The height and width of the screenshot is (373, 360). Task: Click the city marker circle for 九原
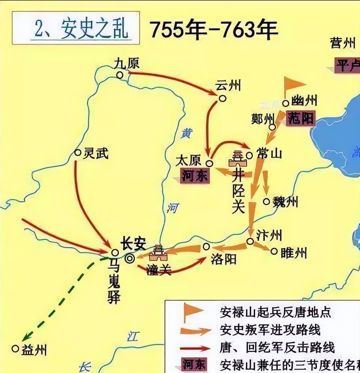120,75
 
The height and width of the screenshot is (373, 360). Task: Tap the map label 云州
228,86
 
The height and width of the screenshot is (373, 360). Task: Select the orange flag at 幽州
292,85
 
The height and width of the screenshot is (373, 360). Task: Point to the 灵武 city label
95,153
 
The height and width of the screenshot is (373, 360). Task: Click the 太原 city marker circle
209,162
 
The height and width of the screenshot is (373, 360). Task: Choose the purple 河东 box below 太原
195,176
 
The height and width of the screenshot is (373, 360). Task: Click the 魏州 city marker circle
267,202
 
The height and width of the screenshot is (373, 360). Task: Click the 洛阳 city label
223,259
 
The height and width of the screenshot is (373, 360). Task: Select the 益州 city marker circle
15,348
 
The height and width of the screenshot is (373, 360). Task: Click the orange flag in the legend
192,312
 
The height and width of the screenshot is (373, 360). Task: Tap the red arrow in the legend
195,347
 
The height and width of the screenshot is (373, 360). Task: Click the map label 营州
342,43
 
